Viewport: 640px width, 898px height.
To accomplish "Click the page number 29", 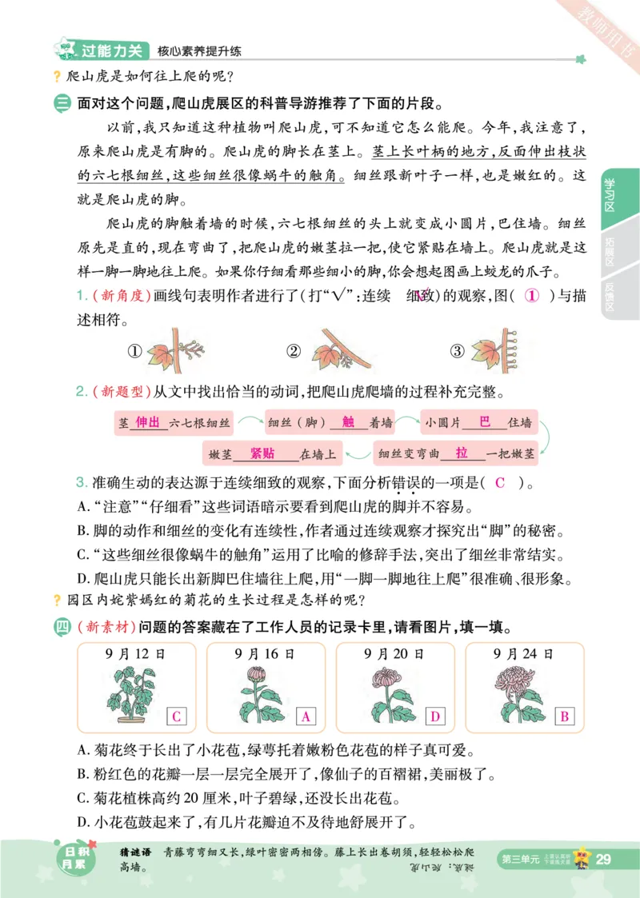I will (604, 859).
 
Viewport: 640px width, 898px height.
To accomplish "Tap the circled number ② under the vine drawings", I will (294, 351).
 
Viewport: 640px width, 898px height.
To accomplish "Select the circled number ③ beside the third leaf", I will (457, 351).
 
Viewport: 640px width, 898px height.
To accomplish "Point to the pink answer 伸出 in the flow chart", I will (149, 422).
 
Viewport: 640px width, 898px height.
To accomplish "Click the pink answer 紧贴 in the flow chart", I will (262, 453).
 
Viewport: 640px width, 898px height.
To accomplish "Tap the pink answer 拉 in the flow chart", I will (462, 453).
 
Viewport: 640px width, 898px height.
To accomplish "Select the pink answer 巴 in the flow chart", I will (484, 422).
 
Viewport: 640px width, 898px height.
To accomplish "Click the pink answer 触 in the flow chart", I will (347, 422).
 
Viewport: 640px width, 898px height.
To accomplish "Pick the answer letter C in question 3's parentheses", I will (500, 482).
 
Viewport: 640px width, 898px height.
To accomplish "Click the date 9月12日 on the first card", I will (139, 653).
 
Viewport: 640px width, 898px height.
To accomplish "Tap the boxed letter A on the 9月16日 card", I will (305, 716).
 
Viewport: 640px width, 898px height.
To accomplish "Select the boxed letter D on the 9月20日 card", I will (434, 716).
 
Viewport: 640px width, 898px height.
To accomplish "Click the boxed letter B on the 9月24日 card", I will (563, 716).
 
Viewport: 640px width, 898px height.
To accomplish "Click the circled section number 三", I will (62, 104).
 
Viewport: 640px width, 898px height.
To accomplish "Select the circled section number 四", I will (62, 625).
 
